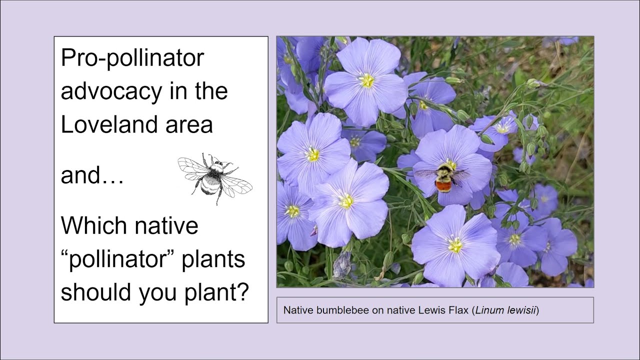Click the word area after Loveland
coord(193,124)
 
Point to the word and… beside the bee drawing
coord(92,175)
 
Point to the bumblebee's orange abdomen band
coord(443,186)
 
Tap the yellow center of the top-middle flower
coord(367,80)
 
